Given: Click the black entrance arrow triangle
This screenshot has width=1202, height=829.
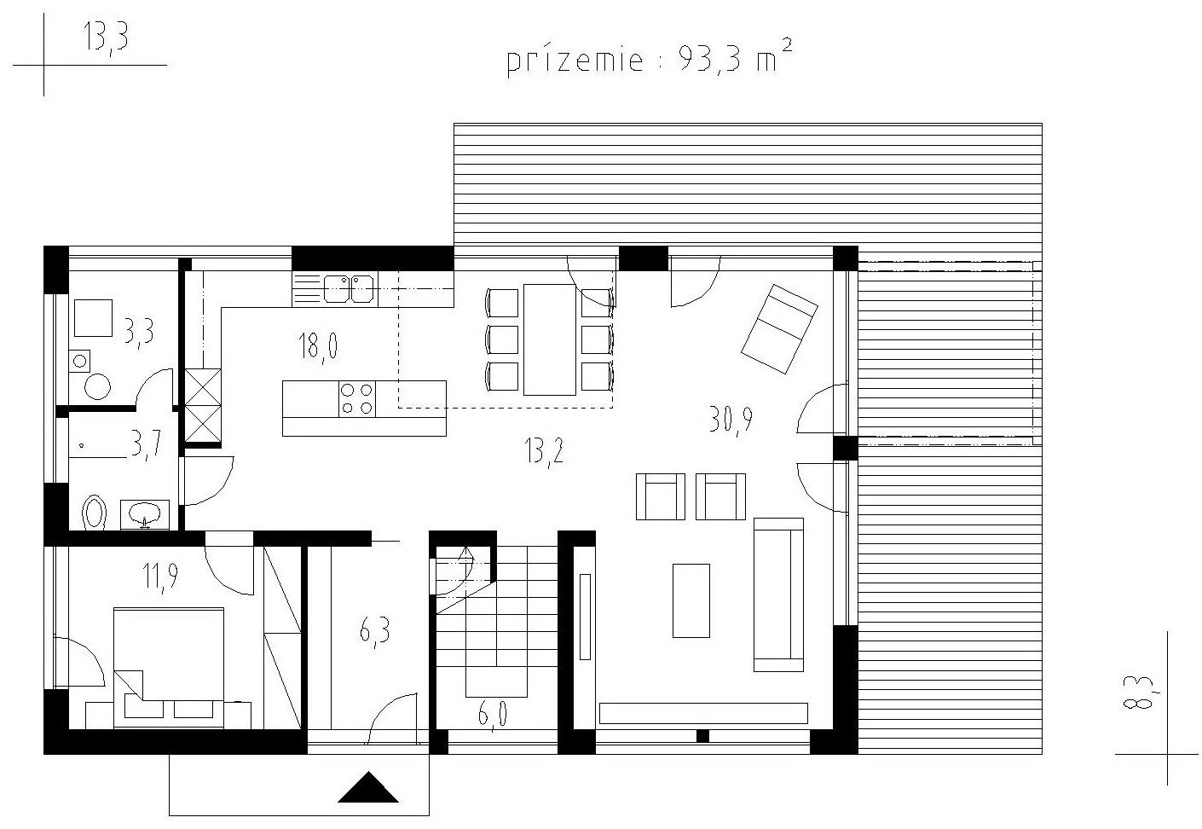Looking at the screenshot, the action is tap(367, 787).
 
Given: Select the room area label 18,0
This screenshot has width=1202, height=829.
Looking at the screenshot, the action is tap(318, 346).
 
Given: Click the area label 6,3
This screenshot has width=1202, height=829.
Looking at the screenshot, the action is tap(374, 632).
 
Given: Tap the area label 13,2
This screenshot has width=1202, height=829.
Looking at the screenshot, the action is tap(544, 452).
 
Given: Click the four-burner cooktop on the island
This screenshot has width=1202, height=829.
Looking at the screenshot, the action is tap(357, 399).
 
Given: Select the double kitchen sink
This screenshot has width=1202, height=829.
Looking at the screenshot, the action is tap(349, 289).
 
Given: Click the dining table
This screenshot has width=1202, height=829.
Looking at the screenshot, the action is tap(550, 339).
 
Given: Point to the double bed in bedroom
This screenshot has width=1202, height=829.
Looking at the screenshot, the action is tap(169, 668).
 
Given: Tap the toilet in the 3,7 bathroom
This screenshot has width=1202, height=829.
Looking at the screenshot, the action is tap(95, 512).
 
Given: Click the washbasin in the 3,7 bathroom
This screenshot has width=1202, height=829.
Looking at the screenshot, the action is tap(144, 514).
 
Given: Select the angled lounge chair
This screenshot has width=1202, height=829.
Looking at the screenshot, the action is tap(779, 328).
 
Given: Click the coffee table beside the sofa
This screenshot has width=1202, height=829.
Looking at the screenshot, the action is tap(691, 600).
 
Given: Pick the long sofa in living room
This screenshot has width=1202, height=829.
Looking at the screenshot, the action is tap(778, 594).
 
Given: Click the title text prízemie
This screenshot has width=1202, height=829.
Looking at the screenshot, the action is tap(575, 61).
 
